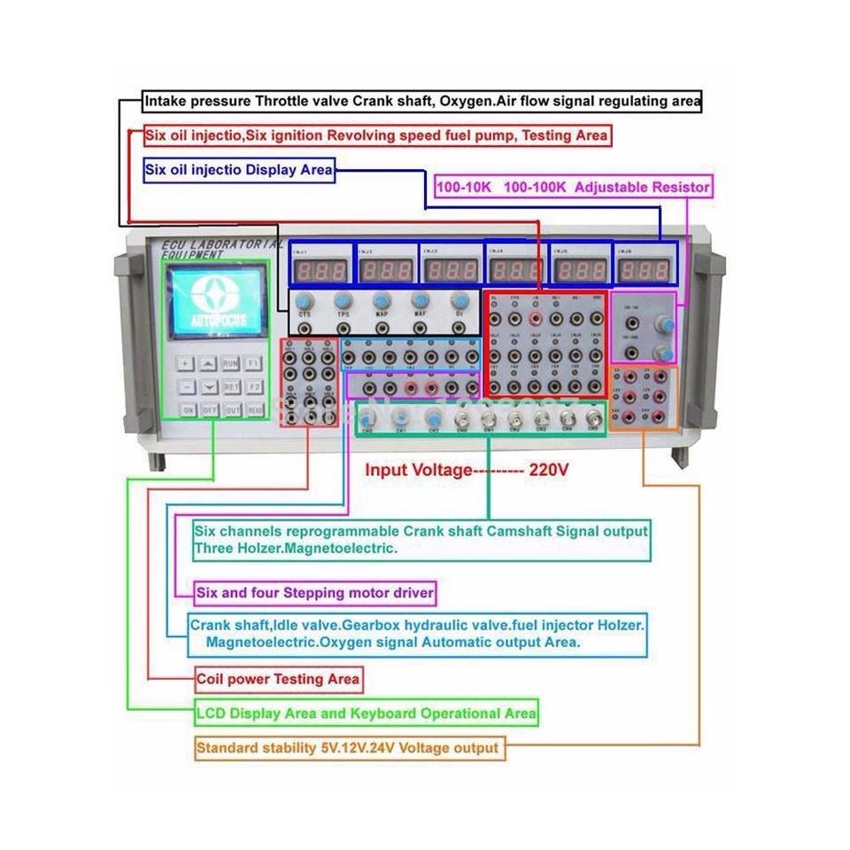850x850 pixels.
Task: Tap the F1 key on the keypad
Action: click(x=253, y=363)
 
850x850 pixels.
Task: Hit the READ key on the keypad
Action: click(x=253, y=410)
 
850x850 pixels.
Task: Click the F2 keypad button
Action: click(x=253, y=387)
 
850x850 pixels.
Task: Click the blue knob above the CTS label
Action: click(x=305, y=299)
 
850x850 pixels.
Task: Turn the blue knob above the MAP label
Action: click(x=382, y=299)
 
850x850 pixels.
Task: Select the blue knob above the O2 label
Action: click(x=459, y=299)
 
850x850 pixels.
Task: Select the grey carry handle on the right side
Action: click(x=707, y=345)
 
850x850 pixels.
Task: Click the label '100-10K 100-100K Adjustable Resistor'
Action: click(x=573, y=188)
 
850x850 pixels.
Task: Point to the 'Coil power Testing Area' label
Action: click(x=278, y=679)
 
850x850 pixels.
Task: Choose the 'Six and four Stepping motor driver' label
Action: click(x=316, y=592)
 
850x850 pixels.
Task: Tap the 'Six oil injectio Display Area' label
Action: click(x=239, y=169)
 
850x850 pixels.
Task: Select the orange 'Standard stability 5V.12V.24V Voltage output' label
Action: click(x=348, y=748)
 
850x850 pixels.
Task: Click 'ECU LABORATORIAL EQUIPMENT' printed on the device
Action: click(x=221, y=248)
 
